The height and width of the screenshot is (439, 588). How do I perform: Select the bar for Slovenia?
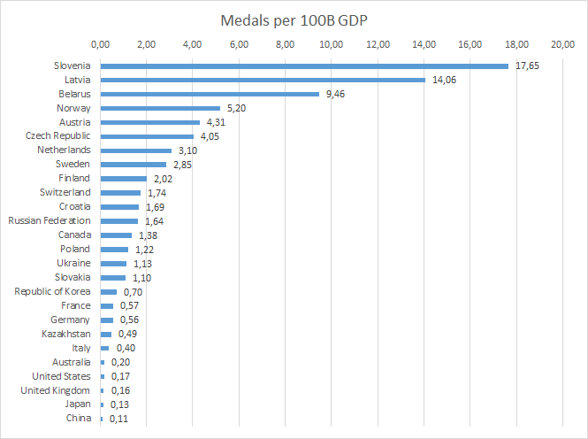[x=304, y=65]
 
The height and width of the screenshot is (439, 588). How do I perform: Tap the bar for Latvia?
[x=263, y=80]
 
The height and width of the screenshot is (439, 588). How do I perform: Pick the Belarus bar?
[x=210, y=94]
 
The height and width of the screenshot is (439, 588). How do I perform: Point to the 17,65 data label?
[x=527, y=65]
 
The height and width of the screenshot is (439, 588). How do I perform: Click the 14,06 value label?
[x=444, y=80]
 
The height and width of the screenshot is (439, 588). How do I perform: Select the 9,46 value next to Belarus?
[x=335, y=94]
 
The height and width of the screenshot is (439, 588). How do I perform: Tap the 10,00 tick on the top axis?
[x=332, y=43]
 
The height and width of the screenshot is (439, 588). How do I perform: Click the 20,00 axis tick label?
[x=562, y=43]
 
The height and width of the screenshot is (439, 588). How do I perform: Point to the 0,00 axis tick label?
[x=101, y=43]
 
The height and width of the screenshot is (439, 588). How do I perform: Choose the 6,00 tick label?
[x=239, y=43]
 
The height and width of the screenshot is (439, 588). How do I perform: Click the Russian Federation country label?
[x=49, y=220]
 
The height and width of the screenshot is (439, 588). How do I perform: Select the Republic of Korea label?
[x=52, y=291]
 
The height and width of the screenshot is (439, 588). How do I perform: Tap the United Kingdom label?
[x=55, y=390]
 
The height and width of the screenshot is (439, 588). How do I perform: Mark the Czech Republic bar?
[x=147, y=136]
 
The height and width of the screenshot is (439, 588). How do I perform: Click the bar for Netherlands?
[x=136, y=150]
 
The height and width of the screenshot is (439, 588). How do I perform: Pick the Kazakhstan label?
[x=66, y=334]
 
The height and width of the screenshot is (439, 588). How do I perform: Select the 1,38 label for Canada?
[x=148, y=235]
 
